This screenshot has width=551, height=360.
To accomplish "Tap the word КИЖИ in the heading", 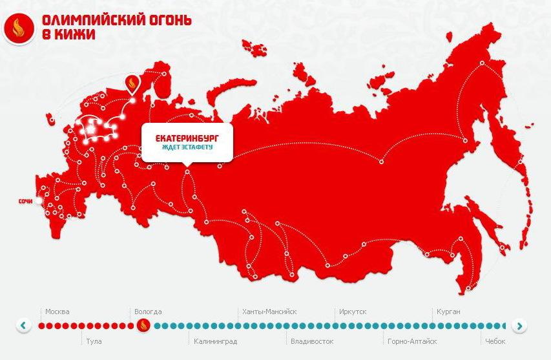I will coord(76,35).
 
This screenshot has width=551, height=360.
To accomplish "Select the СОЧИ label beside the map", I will coord(26,202).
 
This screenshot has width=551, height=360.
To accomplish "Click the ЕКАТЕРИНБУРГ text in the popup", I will coord(187,138).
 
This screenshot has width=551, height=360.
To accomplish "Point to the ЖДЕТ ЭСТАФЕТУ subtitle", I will coord(187,147).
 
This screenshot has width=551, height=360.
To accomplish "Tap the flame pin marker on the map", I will coord(132,83).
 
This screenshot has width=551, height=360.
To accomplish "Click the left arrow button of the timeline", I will coord(24,325).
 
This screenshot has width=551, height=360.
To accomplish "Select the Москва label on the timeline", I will coord(57,312).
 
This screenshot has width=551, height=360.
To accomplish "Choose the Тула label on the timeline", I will coord(94,341).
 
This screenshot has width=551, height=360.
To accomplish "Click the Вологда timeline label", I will coord(148,312).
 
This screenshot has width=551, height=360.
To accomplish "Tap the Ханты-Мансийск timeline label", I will coord(269,312).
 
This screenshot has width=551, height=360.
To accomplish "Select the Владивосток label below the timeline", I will coord(312,341).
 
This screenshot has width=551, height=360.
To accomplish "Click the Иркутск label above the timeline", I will coord(353,312).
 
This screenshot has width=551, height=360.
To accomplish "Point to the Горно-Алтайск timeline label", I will coord(412,341).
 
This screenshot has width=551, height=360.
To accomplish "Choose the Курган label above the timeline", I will coord(448,312).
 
